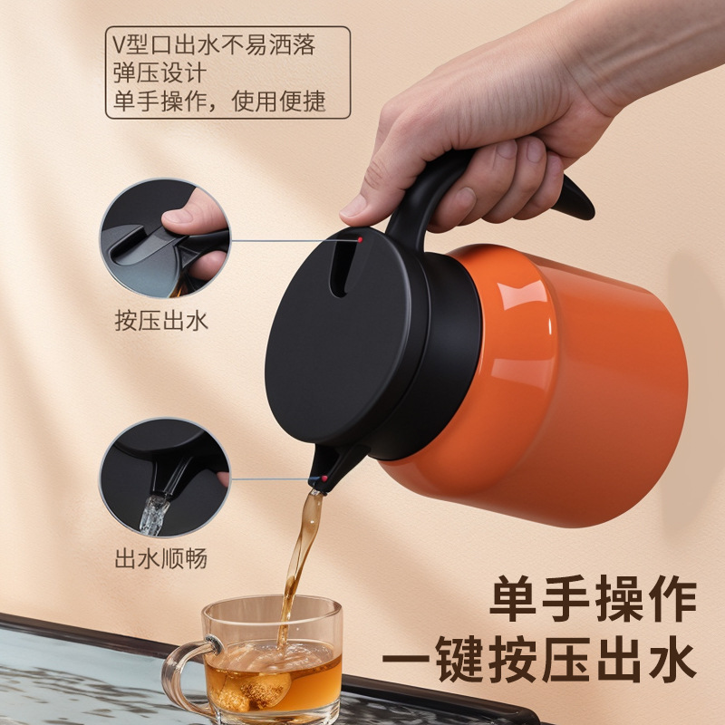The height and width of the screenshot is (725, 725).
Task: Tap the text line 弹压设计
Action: coord(159,72)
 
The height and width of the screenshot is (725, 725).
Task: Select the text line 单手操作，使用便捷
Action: coord(218,101)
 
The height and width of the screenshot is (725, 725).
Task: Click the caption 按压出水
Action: coord(161,320)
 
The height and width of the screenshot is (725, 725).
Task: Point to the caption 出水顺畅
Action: coord(161,557)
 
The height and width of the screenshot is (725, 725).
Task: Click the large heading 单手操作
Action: coord(594,600)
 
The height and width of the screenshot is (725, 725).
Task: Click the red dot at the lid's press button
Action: coord(361,239)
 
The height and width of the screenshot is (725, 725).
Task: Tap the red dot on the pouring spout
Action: coord(324,476)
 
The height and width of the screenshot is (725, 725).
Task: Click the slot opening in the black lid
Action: coord(340,272)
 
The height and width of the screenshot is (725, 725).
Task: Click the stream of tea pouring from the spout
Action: coord(299,553)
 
